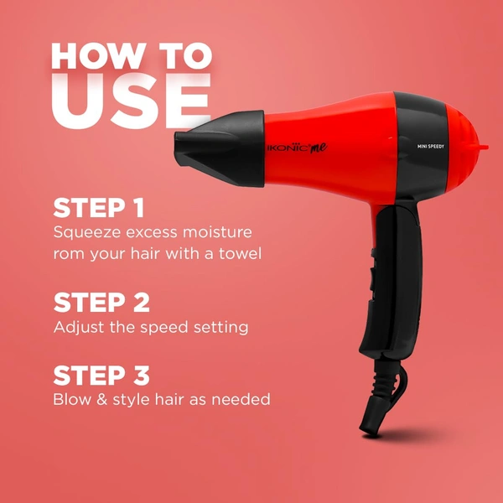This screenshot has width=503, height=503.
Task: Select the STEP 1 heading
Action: click(x=99, y=207)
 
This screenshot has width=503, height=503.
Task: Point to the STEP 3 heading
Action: click(x=101, y=375)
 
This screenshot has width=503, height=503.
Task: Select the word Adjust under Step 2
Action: click(x=78, y=327)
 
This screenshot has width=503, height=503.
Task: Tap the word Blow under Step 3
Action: click(x=72, y=400)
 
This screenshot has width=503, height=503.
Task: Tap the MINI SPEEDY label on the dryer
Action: click(x=435, y=146)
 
